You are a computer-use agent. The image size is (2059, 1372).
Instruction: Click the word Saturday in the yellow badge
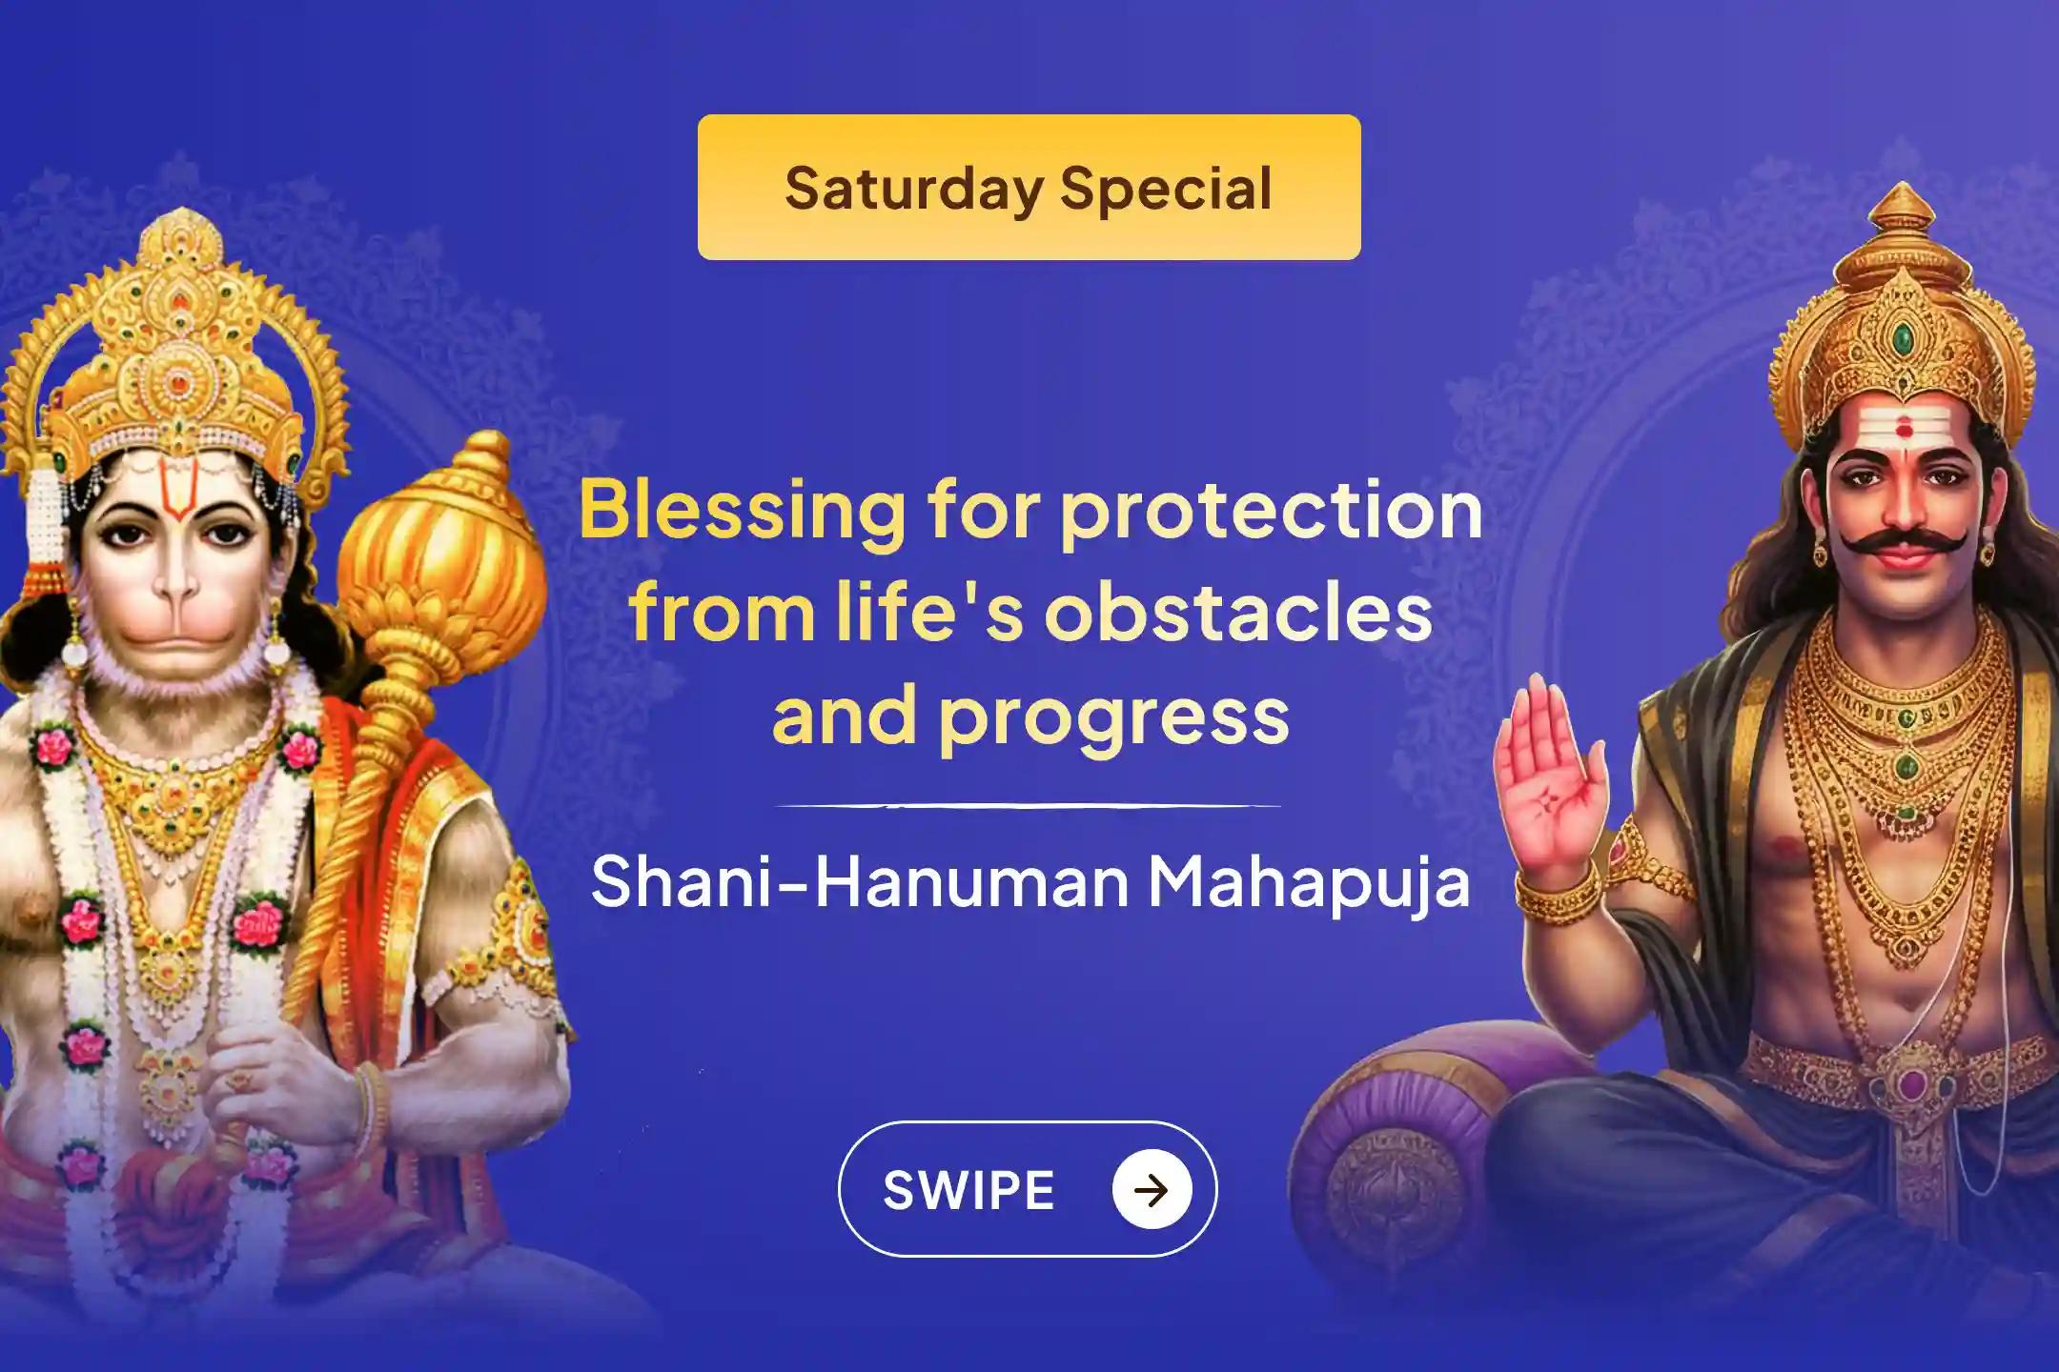click(x=913, y=189)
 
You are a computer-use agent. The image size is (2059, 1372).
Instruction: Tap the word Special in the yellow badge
click(x=1166, y=189)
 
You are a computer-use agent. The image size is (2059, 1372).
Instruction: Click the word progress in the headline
click(x=1113, y=716)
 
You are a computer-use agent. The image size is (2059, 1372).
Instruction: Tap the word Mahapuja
click(x=1308, y=883)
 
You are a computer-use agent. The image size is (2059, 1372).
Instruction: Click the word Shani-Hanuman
click(x=859, y=881)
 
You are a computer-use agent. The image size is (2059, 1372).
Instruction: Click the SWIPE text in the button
click(x=968, y=1190)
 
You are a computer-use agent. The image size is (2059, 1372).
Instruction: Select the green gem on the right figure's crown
click(x=1902, y=337)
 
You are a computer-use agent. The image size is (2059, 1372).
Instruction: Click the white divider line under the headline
click(x=1028, y=806)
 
